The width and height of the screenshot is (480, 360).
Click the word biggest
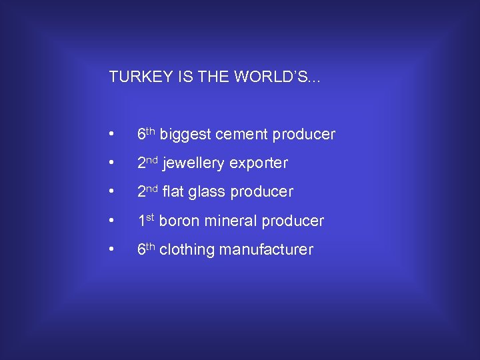coord(183,135)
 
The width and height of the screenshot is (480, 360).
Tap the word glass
coord(207,193)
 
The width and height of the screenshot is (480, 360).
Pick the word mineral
coord(230,221)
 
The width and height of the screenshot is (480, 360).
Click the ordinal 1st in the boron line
coord(146,220)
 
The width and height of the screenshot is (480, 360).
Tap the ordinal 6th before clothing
coord(146,249)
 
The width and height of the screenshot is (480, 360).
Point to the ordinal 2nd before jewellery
coord(147,163)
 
